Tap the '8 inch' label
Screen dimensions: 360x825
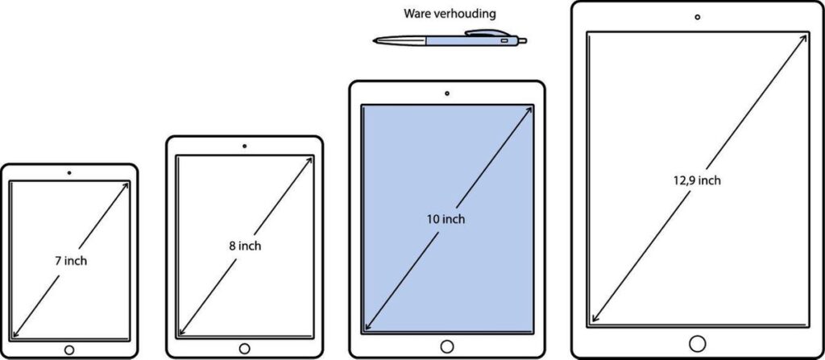244,246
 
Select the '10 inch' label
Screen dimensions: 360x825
446,218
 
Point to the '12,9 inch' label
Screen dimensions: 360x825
697,180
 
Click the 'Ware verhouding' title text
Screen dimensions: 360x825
448,13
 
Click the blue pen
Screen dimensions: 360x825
451,39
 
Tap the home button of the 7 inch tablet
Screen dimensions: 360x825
69,350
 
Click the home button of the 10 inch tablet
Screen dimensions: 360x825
447,346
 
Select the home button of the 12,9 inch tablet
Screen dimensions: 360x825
697,343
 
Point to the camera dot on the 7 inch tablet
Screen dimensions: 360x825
69,172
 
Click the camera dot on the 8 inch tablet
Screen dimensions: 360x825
244,146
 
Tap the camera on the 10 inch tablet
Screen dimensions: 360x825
447,93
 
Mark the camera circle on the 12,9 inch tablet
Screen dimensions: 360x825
697,16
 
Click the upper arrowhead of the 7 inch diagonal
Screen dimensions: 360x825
126,185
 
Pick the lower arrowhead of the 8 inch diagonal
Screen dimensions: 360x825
181,333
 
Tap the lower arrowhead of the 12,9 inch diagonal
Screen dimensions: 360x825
593,320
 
